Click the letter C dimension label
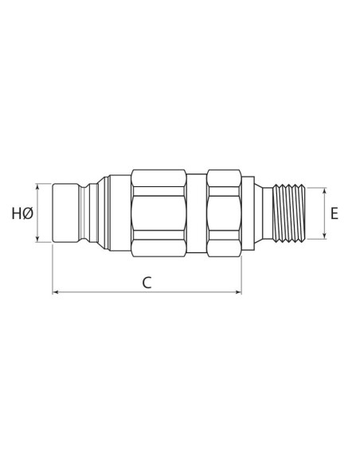tap(147, 282)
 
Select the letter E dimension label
tap(335, 213)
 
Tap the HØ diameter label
tap(22, 213)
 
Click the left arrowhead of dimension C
tap(56, 293)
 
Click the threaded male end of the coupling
tap(292, 213)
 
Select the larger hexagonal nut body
tap(159, 213)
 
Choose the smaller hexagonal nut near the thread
tap(223, 213)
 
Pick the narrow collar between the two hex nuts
tap(198, 213)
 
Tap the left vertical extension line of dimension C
tap(53, 271)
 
